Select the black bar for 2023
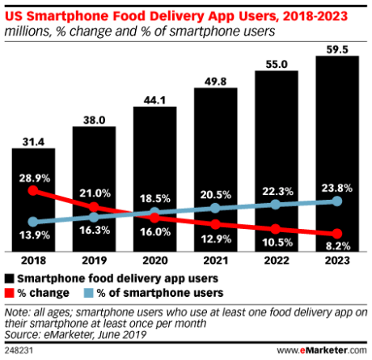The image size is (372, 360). pyautogui.click(x=336, y=154)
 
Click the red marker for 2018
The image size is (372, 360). pyautogui.click(x=33, y=191)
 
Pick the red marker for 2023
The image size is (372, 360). pyautogui.click(x=336, y=234)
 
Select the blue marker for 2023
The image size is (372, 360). pyautogui.click(x=336, y=201)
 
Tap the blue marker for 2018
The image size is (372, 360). pyautogui.click(x=33, y=222)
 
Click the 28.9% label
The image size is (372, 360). pyautogui.click(x=33, y=176)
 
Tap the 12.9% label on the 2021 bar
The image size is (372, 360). pyautogui.click(x=214, y=237)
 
